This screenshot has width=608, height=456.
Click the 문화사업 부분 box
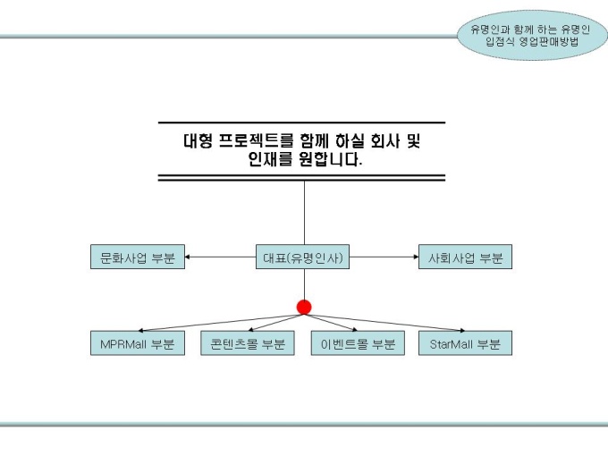(137, 258)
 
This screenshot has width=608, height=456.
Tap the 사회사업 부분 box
(465, 258)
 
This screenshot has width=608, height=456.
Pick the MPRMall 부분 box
(137, 343)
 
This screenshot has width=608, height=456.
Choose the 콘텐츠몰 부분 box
(247, 343)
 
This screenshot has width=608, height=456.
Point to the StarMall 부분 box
(465, 343)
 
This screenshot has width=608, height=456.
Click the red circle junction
(304, 308)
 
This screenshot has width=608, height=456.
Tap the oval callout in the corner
(531, 35)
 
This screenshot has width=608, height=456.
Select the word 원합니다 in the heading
(331, 161)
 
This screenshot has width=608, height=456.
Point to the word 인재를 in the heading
(271, 161)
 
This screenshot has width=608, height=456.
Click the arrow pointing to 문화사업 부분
(219, 258)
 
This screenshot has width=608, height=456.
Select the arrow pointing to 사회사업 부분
(384, 258)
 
